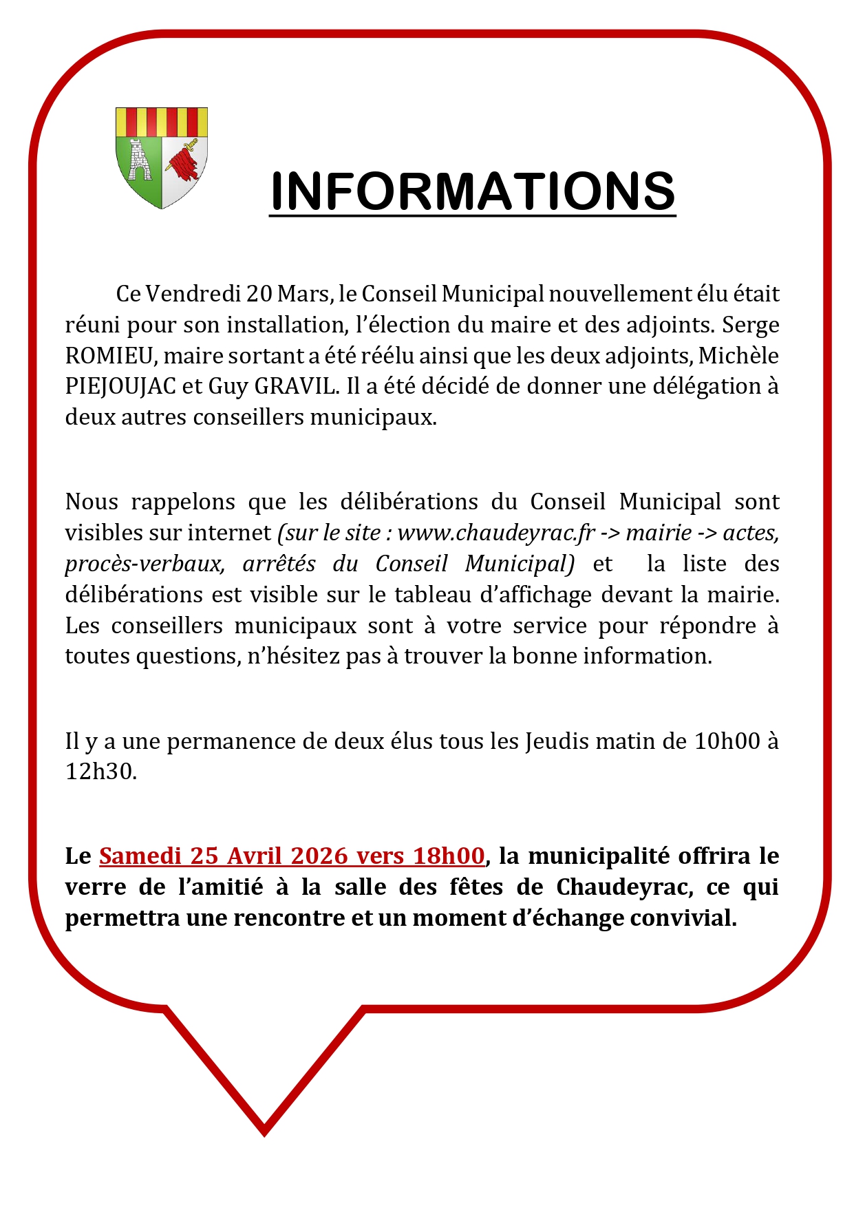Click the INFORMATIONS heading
[x=472, y=191]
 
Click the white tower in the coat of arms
[x=140, y=161]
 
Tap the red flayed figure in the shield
[x=184, y=162]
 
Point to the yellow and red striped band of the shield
[x=162, y=122]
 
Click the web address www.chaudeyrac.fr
[x=495, y=533]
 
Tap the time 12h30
[x=100, y=772]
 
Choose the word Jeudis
[x=557, y=741]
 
